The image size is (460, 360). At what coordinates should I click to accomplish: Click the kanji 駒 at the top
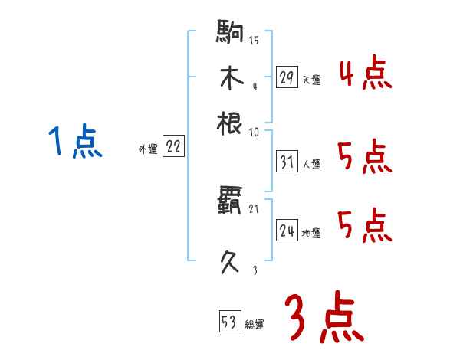click(231, 34)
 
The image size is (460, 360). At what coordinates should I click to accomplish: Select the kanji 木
click(231, 78)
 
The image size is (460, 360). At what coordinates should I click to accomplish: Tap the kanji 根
click(231, 123)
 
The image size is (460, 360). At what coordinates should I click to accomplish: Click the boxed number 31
click(287, 162)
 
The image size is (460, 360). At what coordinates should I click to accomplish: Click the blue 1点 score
click(76, 142)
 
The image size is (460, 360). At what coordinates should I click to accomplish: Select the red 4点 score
click(365, 75)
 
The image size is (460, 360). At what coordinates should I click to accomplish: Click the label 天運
click(311, 80)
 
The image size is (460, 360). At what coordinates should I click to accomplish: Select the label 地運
click(311, 233)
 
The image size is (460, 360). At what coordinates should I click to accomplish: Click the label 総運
click(255, 324)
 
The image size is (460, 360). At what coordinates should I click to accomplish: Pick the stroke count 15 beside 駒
click(254, 40)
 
